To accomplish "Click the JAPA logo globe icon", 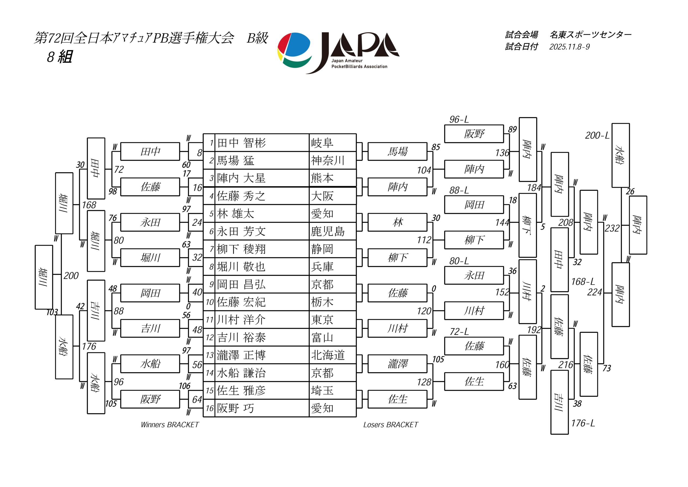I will click(295, 49).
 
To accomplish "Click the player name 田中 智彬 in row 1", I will click(242, 143).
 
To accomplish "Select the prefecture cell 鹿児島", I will click(328, 232).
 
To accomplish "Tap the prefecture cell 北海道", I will click(328, 355).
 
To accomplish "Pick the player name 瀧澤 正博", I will click(242, 355).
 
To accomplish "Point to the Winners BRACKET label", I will click(170, 425).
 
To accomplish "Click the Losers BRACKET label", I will click(390, 425).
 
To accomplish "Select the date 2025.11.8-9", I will click(569, 47).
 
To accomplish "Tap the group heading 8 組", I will click(59, 56).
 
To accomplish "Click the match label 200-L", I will click(597, 136).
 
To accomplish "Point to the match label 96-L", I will click(459, 120).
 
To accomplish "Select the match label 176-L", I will click(583, 423).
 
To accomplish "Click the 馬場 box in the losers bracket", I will click(397, 151).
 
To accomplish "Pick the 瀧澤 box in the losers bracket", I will click(397, 364).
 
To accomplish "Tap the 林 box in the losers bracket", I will click(397, 222).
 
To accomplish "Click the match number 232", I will click(612, 229).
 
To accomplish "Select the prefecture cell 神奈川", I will click(328, 161).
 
